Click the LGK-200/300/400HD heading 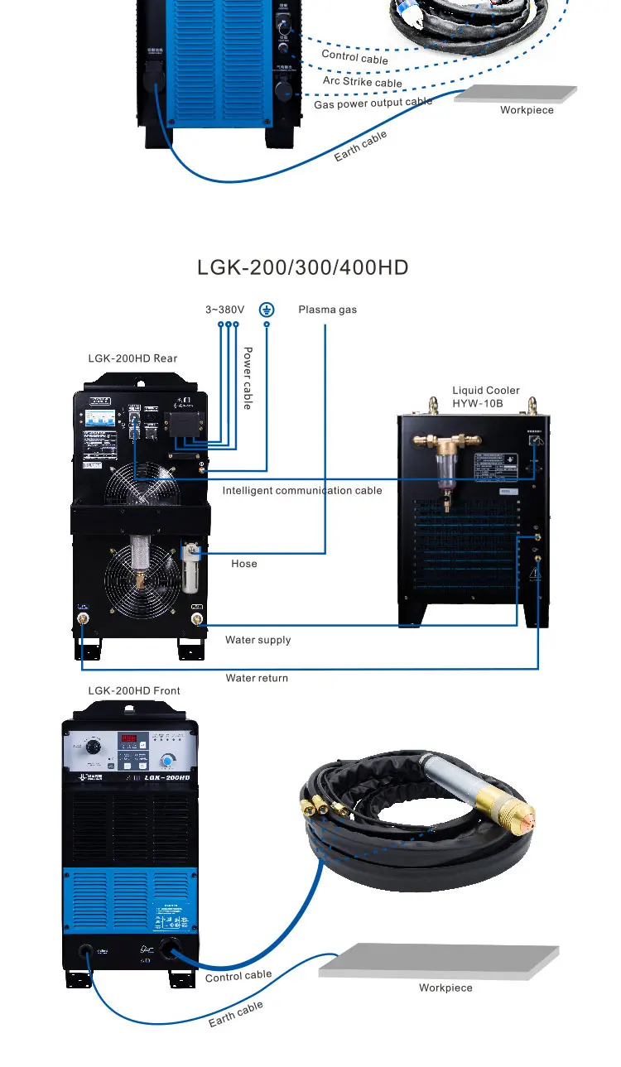tap(302, 267)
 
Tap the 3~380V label tap(224, 310)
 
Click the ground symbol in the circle tap(267, 310)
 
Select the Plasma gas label tap(327, 310)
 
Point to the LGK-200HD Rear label tap(132, 358)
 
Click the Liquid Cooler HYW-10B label tap(486, 397)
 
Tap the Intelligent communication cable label tap(302, 490)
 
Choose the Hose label tap(244, 564)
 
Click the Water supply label tap(258, 640)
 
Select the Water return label tap(258, 678)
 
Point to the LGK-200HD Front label tap(134, 690)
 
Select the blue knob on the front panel tap(170, 760)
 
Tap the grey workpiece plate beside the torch tap(439, 959)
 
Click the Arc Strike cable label tap(362, 81)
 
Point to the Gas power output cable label tap(373, 103)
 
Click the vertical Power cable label tap(247, 377)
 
